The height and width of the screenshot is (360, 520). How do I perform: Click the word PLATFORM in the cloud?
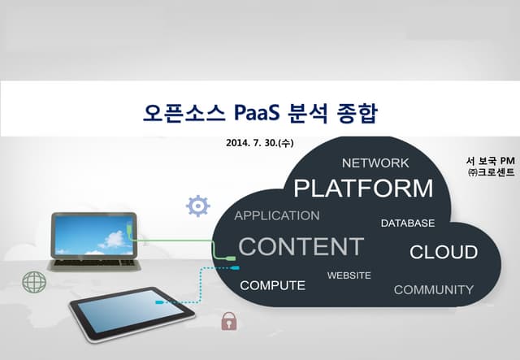(x=363, y=189)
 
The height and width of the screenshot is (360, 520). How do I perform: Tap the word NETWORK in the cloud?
(x=375, y=163)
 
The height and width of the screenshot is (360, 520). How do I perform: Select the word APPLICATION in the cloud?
(x=277, y=215)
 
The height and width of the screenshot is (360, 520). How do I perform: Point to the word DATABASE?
(x=408, y=223)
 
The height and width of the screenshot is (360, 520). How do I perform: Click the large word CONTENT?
(x=301, y=246)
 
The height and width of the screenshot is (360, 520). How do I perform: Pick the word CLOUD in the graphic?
(x=444, y=252)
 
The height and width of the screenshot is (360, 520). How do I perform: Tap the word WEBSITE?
(x=349, y=275)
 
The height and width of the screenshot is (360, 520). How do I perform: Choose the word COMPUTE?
(x=273, y=285)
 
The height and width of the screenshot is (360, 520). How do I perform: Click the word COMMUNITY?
(x=433, y=289)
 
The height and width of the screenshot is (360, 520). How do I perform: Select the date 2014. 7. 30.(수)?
(x=260, y=143)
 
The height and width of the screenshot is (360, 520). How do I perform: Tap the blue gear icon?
(x=198, y=206)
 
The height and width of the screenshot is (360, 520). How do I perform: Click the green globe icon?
(x=34, y=282)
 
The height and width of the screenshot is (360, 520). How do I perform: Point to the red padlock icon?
(x=229, y=321)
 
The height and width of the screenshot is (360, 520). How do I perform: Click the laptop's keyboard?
(x=94, y=262)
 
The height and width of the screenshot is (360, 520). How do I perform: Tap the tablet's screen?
(x=132, y=310)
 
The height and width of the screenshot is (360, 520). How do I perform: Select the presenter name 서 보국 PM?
(x=490, y=161)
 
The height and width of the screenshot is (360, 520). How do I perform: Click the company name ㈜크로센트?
(x=491, y=172)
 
